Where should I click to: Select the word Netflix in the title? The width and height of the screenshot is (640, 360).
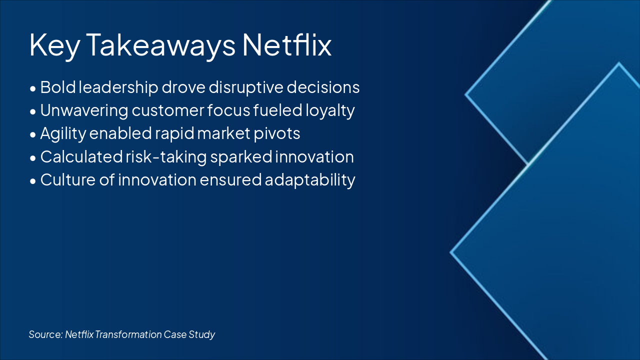(287, 44)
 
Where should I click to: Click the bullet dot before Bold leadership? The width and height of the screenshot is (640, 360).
(33, 89)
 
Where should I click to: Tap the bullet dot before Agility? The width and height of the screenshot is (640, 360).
(33, 135)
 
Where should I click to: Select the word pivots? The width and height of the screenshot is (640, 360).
(277, 133)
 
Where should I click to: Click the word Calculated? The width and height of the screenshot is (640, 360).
(81, 157)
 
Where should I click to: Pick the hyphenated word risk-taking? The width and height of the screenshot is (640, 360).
(166, 157)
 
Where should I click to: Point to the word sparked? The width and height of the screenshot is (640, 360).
(241, 157)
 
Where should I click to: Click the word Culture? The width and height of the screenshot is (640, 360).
(67, 180)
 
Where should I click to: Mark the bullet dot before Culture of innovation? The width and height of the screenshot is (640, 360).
(33, 181)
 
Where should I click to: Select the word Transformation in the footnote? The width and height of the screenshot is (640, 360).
(128, 334)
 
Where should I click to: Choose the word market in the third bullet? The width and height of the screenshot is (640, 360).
(223, 133)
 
